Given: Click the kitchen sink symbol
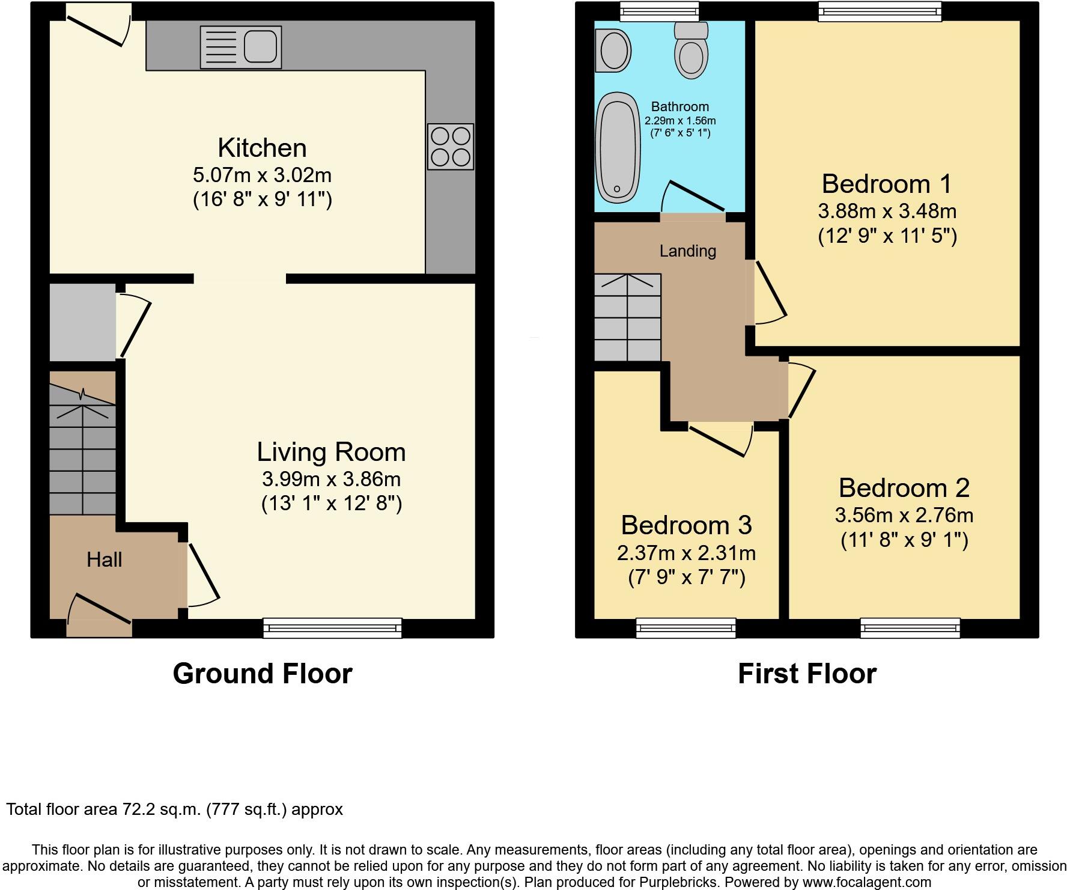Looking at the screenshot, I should [x=240, y=47].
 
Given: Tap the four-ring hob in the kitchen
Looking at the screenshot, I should [x=451, y=147].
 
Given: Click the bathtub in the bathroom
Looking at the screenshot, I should [x=618, y=147].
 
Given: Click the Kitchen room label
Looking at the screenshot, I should [x=262, y=148].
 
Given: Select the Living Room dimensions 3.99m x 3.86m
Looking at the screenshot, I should [x=331, y=480].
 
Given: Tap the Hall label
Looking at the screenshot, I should [x=104, y=560].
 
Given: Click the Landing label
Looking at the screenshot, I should [x=687, y=251].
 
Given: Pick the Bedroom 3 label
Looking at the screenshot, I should [x=686, y=525].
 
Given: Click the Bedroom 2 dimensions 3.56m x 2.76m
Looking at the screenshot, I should [x=904, y=516].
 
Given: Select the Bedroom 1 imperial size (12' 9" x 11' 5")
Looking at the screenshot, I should [x=887, y=236].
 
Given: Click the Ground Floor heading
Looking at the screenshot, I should [x=263, y=674].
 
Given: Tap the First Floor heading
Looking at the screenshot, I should [x=807, y=674].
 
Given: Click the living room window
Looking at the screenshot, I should [x=332, y=628].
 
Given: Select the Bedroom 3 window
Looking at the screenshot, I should [x=686, y=628].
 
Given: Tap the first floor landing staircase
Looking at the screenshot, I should [x=627, y=317].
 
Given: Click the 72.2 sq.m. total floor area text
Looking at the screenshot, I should [x=174, y=809].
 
